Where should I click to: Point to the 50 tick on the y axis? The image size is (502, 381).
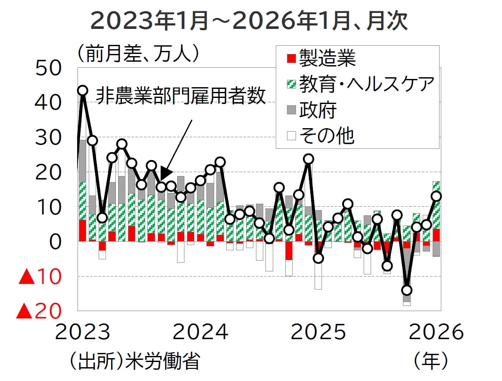click(x=49, y=69)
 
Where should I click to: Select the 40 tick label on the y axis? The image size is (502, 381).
click(x=49, y=104)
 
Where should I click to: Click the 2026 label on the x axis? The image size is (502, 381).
click(x=437, y=333)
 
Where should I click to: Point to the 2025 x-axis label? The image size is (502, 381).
click(x=318, y=333)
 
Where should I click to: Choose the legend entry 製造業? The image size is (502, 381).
click(x=321, y=58)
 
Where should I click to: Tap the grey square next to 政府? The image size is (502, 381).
click(x=292, y=110)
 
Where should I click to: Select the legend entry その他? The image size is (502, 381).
click(x=321, y=136)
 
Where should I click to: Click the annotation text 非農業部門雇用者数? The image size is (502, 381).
click(x=181, y=96)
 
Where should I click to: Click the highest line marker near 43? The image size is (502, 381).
click(x=82, y=90)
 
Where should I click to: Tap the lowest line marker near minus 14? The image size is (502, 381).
click(x=406, y=290)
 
